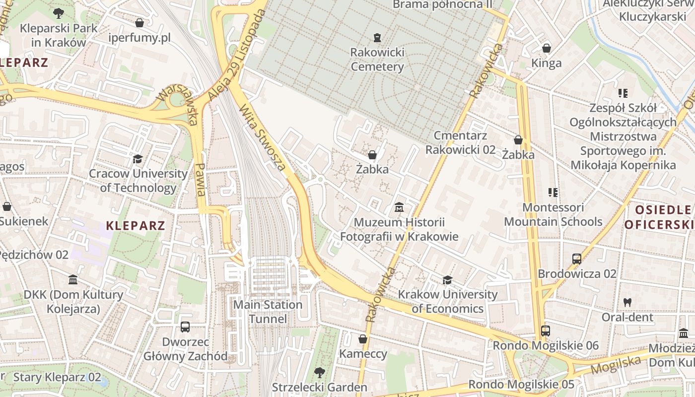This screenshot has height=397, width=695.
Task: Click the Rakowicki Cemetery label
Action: point(377,60)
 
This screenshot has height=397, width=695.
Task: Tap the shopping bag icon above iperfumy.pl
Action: point(139,23)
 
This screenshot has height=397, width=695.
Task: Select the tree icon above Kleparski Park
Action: point(59,13)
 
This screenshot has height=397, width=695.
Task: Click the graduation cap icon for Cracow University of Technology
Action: point(138,159)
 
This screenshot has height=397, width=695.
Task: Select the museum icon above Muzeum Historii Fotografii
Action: point(399,207)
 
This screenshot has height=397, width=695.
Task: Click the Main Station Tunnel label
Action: point(268,312)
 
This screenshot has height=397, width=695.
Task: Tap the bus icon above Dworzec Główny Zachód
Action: point(185,327)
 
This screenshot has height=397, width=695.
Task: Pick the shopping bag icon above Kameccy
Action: point(363,339)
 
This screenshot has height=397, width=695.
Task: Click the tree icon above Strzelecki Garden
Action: point(319,372)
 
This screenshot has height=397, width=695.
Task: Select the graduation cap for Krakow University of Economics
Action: point(447,280)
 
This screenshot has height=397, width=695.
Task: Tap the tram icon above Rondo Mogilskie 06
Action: point(545,331)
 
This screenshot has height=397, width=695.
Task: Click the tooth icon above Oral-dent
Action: point(627,302)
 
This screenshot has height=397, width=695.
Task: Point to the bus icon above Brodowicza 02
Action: point(577,259)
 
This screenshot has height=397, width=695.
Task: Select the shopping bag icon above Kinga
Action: point(547,48)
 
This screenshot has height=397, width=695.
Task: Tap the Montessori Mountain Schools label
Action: point(553,214)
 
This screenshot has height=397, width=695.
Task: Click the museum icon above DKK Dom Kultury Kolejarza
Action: point(73,280)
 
